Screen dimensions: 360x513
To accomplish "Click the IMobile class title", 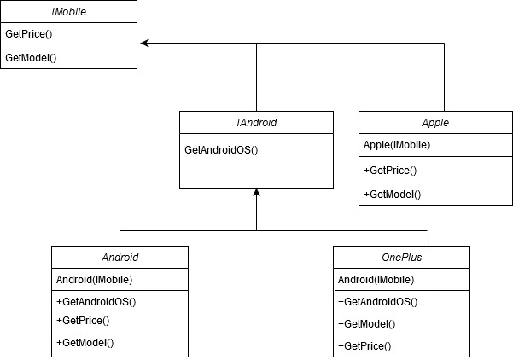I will [x=68, y=12].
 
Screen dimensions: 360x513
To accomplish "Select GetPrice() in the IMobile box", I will [x=28, y=35].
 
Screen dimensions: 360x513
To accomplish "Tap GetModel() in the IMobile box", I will [x=30, y=57].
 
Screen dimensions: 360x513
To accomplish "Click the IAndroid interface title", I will [x=256, y=123].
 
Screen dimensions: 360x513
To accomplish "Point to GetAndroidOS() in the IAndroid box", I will [x=221, y=149].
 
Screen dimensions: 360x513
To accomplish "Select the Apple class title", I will [x=435, y=123].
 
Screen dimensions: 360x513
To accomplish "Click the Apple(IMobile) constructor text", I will [x=397, y=145].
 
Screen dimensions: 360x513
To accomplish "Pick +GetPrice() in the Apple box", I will [x=390, y=170].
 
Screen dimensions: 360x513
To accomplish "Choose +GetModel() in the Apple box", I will [x=392, y=194].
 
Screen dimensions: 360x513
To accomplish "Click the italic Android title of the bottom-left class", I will [x=120, y=257].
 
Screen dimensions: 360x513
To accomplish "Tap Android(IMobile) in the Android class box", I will [x=94, y=279].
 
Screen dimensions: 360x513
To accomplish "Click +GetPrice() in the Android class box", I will [x=83, y=321].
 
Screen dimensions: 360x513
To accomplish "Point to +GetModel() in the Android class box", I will [x=85, y=342].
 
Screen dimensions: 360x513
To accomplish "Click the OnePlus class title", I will [x=401, y=257].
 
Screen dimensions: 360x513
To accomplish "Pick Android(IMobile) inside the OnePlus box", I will [x=376, y=279].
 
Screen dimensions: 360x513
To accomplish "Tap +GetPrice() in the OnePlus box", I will [x=364, y=345].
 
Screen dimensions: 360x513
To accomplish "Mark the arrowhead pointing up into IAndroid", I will [x=256, y=193].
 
